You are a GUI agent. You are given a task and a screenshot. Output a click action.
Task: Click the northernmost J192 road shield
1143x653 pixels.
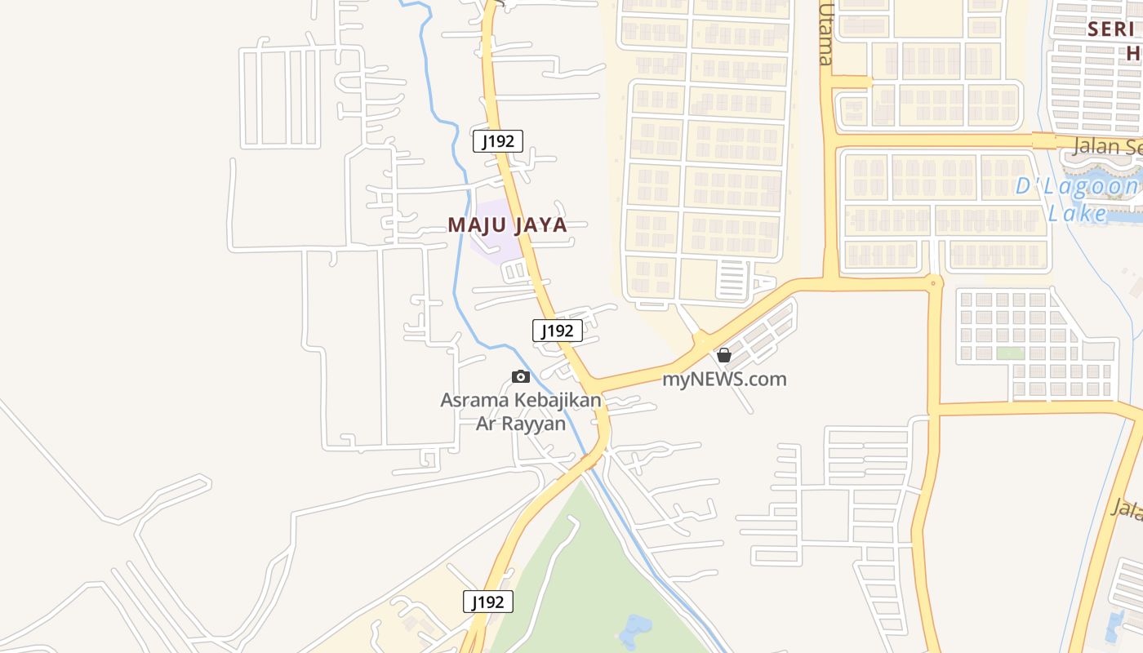pyautogui.click(x=498, y=141)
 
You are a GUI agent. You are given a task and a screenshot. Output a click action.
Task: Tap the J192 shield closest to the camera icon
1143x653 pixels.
pyautogui.click(x=558, y=331)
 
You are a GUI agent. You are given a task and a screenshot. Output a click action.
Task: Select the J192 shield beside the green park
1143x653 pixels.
pyautogui.click(x=488, y=602)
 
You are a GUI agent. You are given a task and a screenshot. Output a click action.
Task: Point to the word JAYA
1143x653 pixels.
pyautogui.click(x=536, y=225)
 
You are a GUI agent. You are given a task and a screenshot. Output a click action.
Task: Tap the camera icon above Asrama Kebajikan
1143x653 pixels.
pyautogui.click(x=520, y=376)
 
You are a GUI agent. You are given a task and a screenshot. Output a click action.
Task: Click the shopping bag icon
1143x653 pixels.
pyautogui.click(x=723, y=355)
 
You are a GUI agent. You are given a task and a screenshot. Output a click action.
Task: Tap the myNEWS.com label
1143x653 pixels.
pyautogui.click(x=724, y=379)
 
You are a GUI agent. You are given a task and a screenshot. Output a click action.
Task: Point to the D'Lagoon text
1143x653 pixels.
pyautogui.click(x=1076, y=187)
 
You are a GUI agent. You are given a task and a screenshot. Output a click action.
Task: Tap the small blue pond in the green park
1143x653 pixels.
pyautogui.click(x=635, y=630)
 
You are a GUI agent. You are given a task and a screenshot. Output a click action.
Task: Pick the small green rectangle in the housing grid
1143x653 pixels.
pyautogui.click(x=1010, y=353)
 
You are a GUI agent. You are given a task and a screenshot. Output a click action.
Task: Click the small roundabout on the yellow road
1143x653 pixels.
pyautogui.click(x=934, y=283)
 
